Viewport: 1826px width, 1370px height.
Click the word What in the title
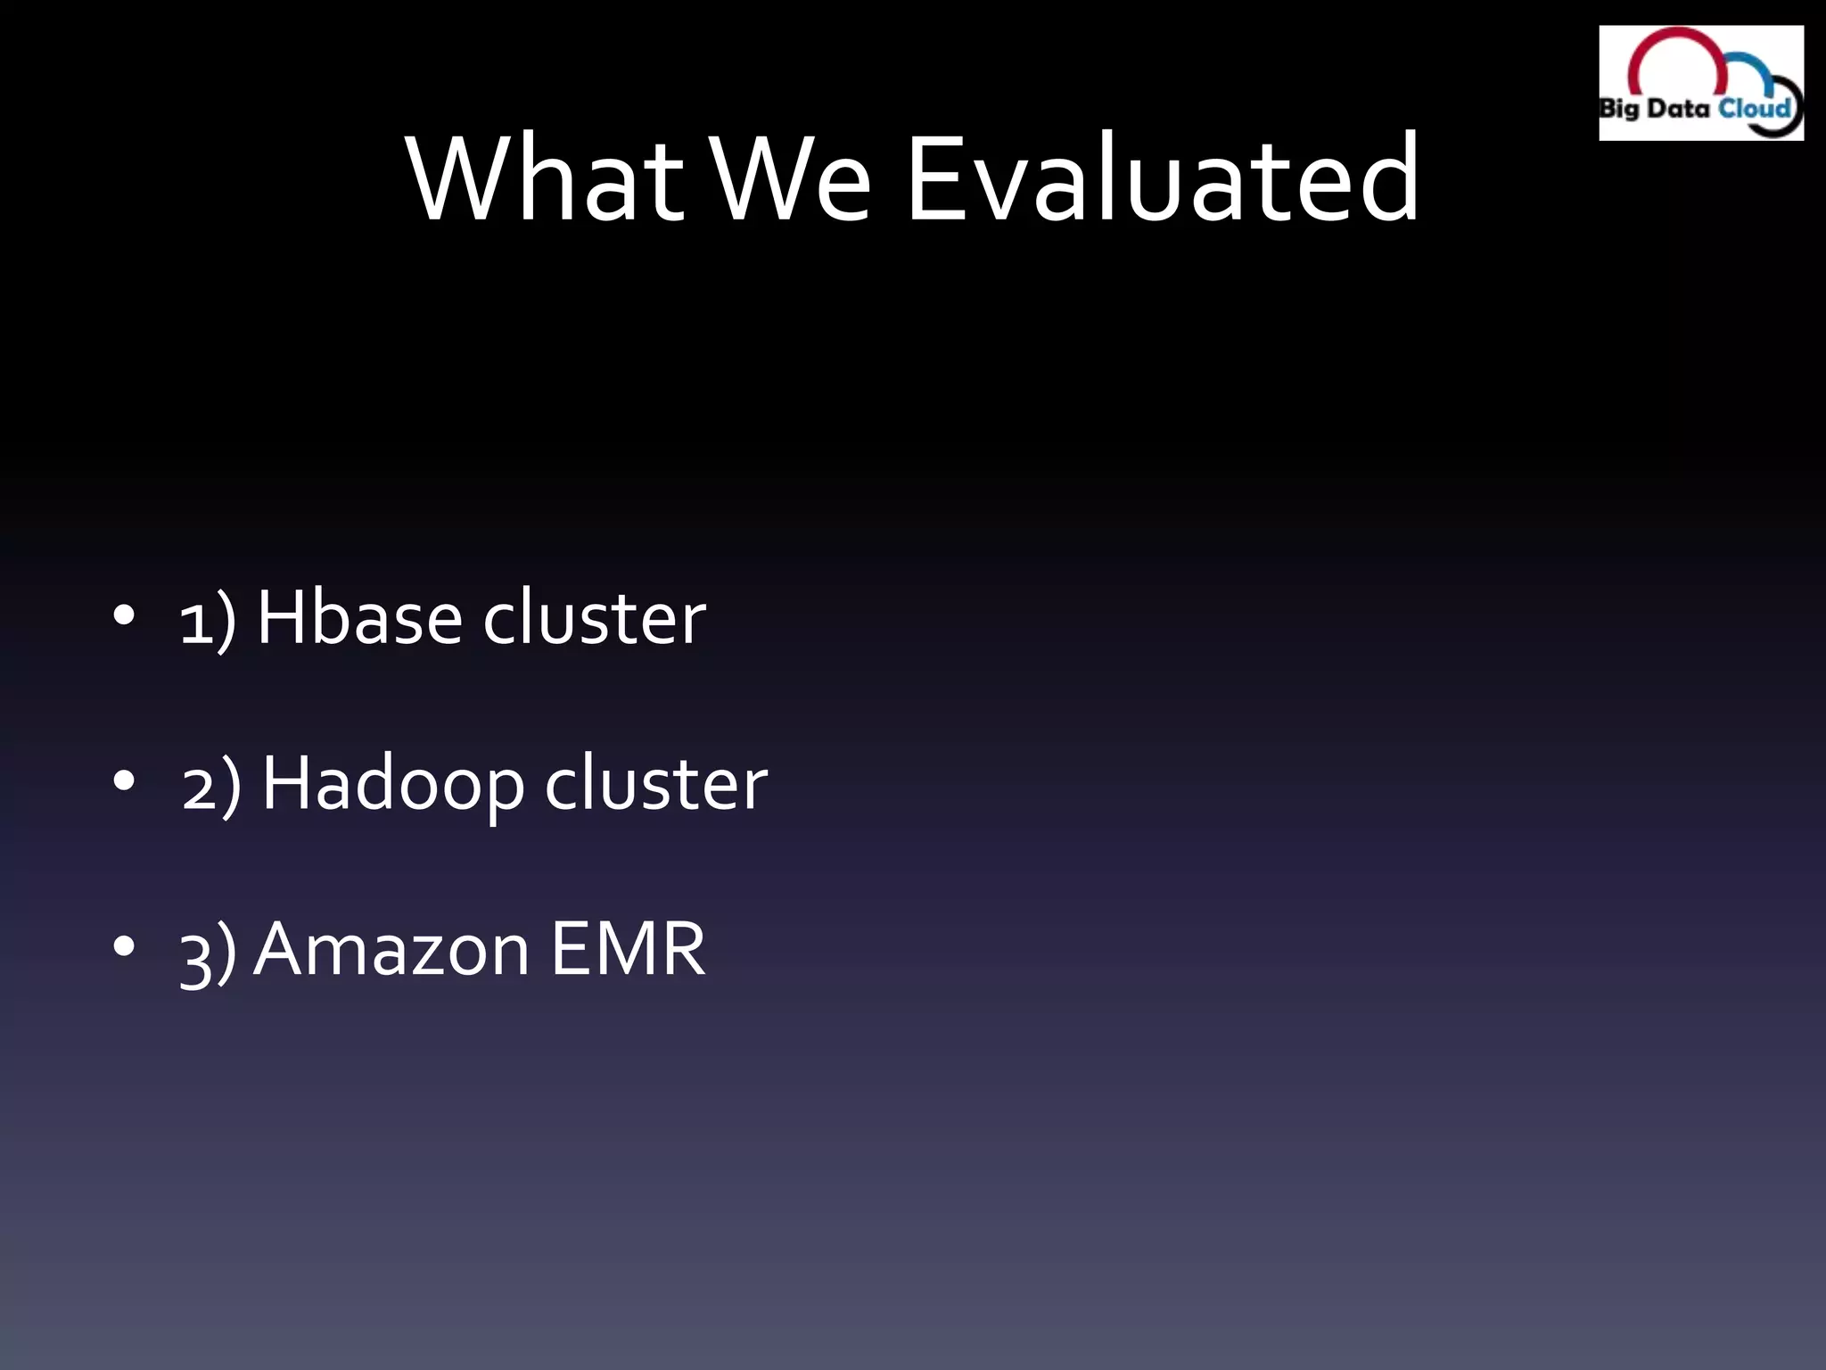coord(545,178)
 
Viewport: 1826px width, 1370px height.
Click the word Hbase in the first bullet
coord(359,617)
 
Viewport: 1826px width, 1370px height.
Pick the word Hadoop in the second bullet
coord(392,783)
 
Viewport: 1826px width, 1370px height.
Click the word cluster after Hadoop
coord(655,783)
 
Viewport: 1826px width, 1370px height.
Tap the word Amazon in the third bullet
coord(392,949)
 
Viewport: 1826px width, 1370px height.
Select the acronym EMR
coord(628,949)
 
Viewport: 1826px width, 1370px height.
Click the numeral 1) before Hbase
coord(208,621)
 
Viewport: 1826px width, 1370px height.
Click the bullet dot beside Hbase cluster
coord(124,615)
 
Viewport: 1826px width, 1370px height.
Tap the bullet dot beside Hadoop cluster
coord(124,780)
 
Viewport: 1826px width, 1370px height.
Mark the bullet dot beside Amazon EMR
coord(124,946)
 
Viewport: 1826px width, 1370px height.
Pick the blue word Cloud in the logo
coord(1754,108)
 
